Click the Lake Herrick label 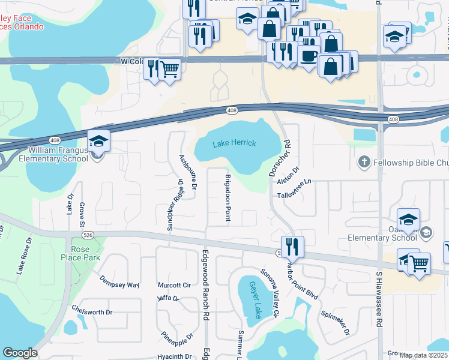click(234, 143)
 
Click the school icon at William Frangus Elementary click(98, 142)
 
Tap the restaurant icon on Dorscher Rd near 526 click(292, 246)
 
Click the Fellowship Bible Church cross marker click(363, 162)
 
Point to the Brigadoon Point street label click(228, 198)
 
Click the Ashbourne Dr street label click(187, 173)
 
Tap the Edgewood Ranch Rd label click(205, 285)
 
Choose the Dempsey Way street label click(119, 285)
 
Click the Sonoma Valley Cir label click(270, 293)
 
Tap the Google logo click(20, 353)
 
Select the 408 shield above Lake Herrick click(232, 110)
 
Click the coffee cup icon click(309, 56)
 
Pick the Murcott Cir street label click(173, 284)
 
